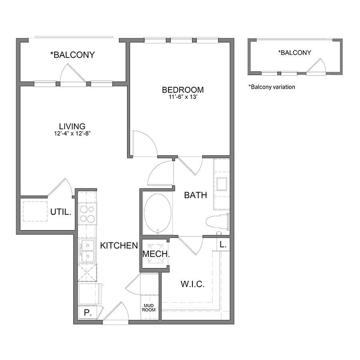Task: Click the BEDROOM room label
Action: tap(183, 90)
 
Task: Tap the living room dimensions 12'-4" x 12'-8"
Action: tap(72, 133)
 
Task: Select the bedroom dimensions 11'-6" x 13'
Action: tap(183, 97)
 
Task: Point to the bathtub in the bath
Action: tap(158, 213)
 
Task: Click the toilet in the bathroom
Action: tap(218, 222)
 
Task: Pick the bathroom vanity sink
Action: tap(222, 184)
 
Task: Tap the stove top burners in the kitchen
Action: tap(87, 214)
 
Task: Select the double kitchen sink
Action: tap(87, 250)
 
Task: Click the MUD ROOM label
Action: tap(148, 308)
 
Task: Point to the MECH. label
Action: tap(156, 254)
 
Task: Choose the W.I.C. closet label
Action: tap(192, 284)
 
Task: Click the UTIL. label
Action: tap(61, 212)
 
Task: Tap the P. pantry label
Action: tap(88, 312)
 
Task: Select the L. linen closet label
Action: tap(223, 244)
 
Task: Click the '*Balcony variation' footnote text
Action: tap(272, 87)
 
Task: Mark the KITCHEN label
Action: tap(119, 246)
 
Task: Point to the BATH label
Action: tap(196, 195)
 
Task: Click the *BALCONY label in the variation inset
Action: tap(294, 53)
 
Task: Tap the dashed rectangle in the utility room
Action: tap(35, 212)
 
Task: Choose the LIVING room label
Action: tap(72, 126)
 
